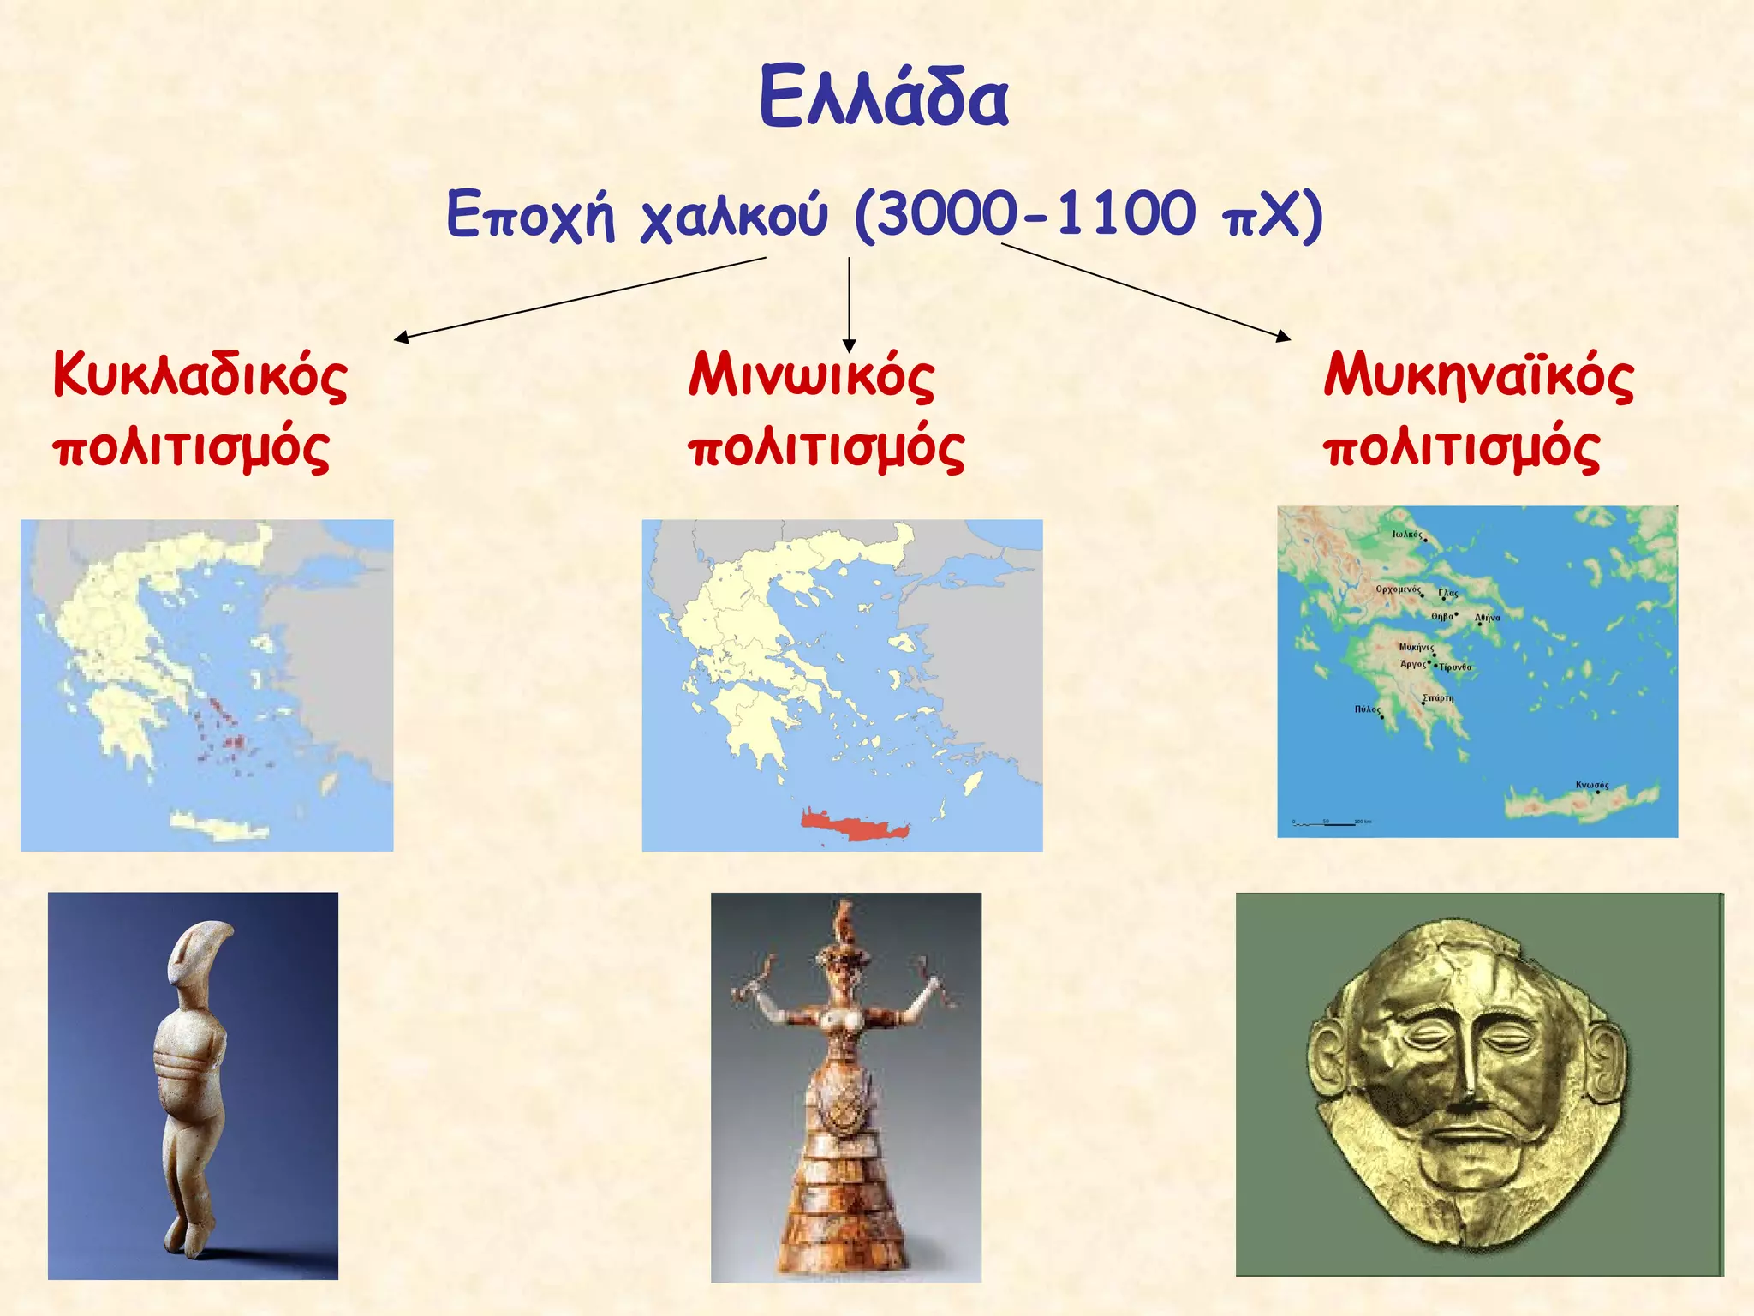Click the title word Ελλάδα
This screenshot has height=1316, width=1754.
[x=884, y=97]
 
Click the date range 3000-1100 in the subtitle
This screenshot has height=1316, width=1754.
[x=1036, y=213]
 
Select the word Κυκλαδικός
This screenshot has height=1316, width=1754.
[x=200, y=375]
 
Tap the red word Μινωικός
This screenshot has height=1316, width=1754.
[x=810, y=375]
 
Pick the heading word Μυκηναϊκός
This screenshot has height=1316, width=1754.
[x=1478, y=375]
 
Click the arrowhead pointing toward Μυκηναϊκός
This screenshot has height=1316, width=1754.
[x=1284, y=336]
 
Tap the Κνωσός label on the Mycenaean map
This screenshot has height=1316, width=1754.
[x=1592, y=785]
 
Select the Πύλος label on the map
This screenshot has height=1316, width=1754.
[x=1367, y=709]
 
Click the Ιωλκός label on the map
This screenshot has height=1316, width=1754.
[x=1407, y=535]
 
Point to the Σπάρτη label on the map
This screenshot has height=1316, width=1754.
[x=1438, y=698]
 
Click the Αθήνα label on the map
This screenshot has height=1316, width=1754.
[x=1488, y=618]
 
